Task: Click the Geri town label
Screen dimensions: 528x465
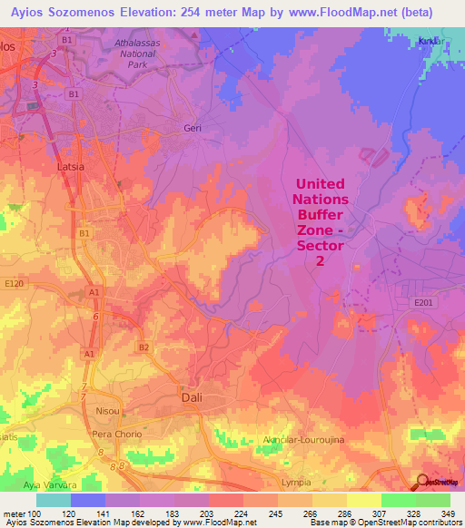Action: coord(192,128)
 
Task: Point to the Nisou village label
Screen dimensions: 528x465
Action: coord(107,411)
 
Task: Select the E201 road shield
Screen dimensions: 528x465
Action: coord(424,302)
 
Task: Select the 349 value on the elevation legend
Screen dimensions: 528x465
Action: coord(450,514)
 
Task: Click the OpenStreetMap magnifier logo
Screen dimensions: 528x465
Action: coord(422,482)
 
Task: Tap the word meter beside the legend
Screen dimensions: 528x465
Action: coord(13,514)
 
